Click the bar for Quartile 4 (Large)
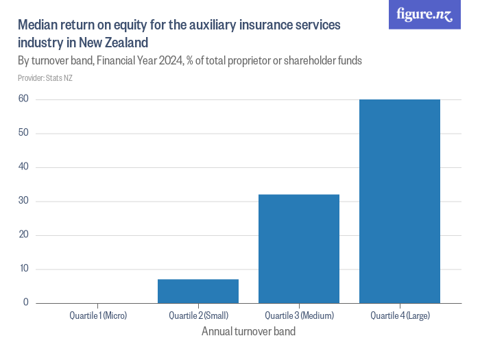pos(400,201)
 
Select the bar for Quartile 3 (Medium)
pos(299,248)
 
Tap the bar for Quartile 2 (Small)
pos(198,291)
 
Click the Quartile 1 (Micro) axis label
pos(98,316)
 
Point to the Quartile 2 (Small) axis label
pos(198,316)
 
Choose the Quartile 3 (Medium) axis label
pos(299,316)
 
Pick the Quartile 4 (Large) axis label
pos(400,316)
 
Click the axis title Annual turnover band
pos(249,332)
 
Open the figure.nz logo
pos(424,15)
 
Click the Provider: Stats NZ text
pos(45,77)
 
